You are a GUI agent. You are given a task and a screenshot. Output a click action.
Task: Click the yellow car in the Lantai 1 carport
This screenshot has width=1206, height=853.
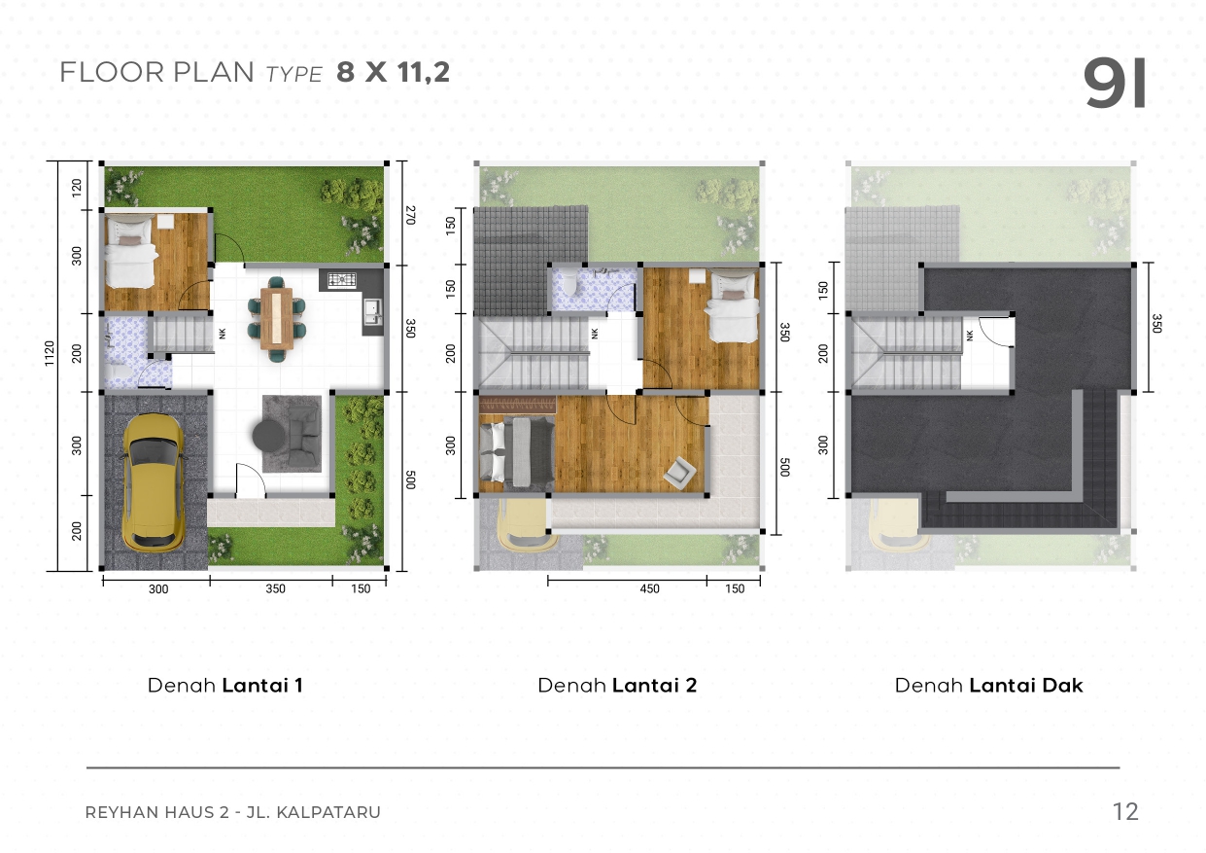(154, 482)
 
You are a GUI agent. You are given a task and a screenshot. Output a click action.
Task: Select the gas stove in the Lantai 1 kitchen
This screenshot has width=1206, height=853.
(342, 279)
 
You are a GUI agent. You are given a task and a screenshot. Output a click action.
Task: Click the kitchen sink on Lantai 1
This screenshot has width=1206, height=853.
(372, 311)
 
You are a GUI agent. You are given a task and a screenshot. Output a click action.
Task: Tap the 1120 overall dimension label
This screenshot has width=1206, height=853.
(49, 353)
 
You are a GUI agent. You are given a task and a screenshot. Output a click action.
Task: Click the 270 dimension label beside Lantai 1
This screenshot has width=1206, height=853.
(410, 215)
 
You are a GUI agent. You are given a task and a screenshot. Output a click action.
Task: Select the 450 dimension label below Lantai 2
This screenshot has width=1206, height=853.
(649, 588)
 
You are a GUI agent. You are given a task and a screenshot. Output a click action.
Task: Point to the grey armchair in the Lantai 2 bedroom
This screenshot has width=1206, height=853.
(679, 473)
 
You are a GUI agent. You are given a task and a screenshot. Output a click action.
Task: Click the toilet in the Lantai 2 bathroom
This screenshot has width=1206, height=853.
(570, 282)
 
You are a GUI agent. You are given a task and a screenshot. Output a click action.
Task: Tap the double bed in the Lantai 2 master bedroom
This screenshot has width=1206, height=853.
(516, 452)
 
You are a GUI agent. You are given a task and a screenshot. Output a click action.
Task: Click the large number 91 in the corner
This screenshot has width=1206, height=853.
(1114, 83)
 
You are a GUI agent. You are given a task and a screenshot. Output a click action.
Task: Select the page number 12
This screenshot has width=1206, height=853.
(1125, 811)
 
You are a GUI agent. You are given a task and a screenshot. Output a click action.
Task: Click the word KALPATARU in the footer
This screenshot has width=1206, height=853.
(328, 812)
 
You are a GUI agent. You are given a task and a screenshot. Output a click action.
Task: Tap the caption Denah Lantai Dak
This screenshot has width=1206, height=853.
(988, 686)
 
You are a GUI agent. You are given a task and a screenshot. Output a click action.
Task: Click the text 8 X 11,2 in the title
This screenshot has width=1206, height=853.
(393, 72)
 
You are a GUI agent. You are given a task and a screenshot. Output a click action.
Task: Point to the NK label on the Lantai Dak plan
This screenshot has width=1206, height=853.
(970, 336)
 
